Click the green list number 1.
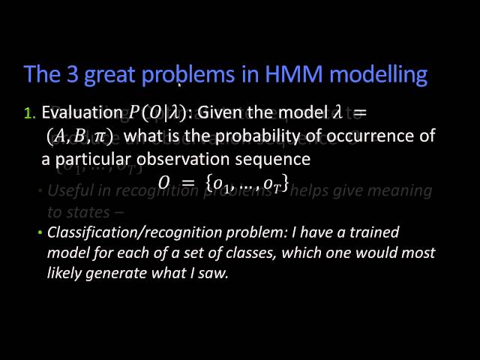pyautogui.click(x=29, y=114)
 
